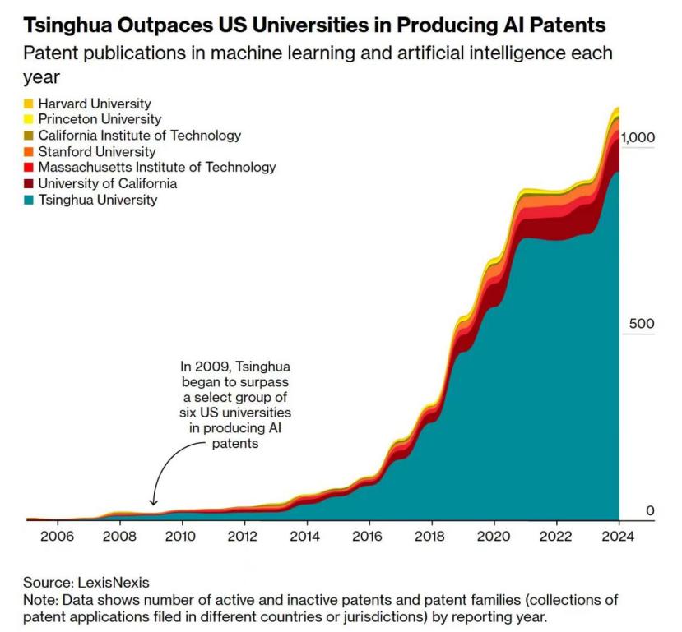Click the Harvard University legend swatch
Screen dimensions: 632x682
click(x=28, y=104)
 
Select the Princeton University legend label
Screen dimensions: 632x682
click(x=100, y=119)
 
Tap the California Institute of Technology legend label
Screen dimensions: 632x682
click(x=139, y=136)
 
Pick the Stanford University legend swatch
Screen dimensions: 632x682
click(x=28, y=151)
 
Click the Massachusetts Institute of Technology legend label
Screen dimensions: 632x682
click(x=156, y=167)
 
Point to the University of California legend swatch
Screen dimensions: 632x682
click(x=28, y=183)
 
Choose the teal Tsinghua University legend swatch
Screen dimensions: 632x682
click(x=28, y=199)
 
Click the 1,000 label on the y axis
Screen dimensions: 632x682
click(x=638, y=137)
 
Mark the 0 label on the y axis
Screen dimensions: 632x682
click(x=650, y=511)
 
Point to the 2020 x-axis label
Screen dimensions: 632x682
click(x=493, y=536)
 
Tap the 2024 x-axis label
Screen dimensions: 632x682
click(x=618, y=536)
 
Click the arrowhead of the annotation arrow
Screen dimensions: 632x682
click(x=153, y=502)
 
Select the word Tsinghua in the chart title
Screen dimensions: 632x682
click(x=63, y=25)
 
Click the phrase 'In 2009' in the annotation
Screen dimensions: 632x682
click(x=202, y=367)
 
